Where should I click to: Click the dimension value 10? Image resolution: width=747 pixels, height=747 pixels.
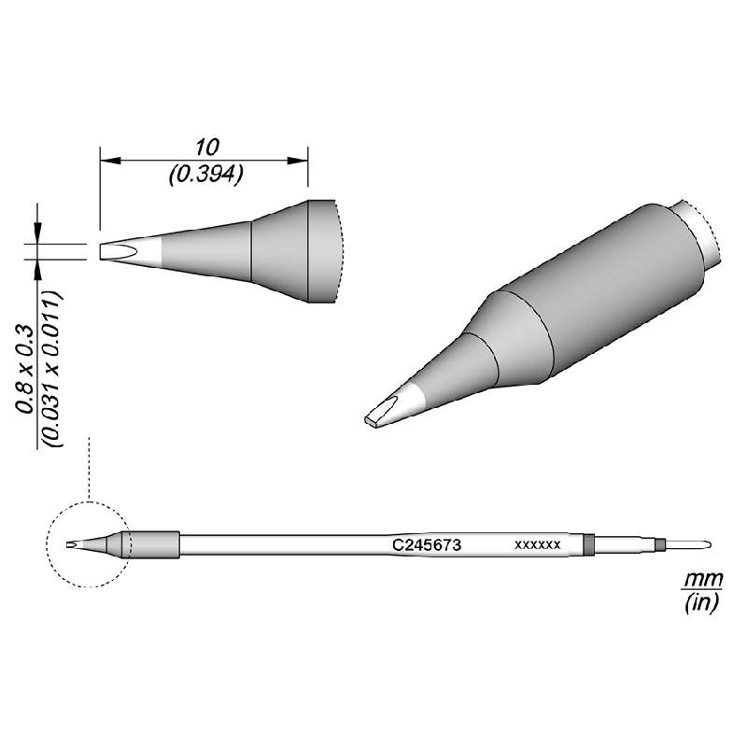tap(206, 147)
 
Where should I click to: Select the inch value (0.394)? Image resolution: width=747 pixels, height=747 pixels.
tap(206, 174)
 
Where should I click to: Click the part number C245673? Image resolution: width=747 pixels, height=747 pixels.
tap(424, 543)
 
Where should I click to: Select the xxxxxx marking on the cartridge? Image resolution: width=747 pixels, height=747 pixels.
tap(537, 543)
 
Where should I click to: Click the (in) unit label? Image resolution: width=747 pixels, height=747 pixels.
tap(700, 604)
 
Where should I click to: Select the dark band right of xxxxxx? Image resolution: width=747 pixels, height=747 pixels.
tap(588, 543)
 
